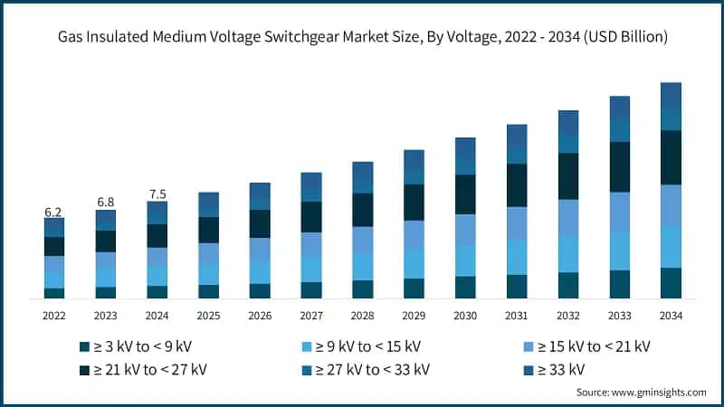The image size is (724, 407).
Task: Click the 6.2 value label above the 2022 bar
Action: pos(53,212)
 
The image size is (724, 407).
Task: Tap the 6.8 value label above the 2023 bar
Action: pos(105,202)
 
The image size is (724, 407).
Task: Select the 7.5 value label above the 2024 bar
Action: pos(157,194)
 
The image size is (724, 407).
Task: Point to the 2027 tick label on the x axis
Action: pos(311,316)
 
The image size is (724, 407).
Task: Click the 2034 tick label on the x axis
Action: pos(671,316)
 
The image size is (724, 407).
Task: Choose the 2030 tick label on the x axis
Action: pos(465,316)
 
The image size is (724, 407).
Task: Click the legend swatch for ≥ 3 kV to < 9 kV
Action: pos(84,346)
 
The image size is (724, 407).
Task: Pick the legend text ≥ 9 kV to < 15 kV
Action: pos(363,346)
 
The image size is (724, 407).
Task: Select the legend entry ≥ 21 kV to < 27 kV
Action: pos(149,369)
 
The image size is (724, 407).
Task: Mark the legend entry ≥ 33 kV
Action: pos(554,369)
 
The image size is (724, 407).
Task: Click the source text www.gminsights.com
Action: pos(657,392)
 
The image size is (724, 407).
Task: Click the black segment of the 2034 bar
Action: pos(671,157)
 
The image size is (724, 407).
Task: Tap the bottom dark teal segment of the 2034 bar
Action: pos(671,282)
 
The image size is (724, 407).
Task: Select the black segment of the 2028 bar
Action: pos(362,210)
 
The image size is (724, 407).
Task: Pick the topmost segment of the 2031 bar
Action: pos(517,135)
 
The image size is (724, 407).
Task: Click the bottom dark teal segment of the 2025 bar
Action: pos(208,291)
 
